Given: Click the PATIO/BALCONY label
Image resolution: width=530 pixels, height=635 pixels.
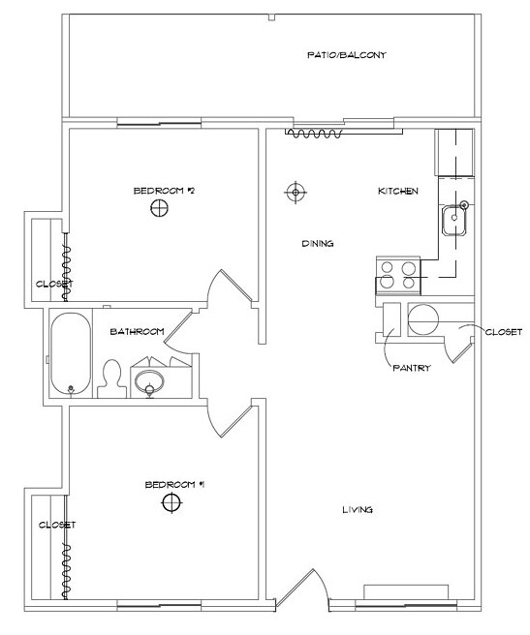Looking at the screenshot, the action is (347, 55).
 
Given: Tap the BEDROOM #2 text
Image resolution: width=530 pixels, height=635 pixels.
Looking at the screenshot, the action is (164, 191).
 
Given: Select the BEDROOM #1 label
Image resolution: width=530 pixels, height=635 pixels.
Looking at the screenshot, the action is (175, 484).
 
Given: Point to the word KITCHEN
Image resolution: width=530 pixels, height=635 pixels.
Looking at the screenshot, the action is (398, 191).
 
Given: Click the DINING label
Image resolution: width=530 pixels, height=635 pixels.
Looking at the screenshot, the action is (318, 243).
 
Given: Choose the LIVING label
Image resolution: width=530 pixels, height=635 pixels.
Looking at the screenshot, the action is (358, 509).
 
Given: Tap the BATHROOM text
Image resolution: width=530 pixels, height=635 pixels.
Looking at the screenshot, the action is (137, 332).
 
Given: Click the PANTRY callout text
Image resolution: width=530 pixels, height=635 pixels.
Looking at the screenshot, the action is (412, 368).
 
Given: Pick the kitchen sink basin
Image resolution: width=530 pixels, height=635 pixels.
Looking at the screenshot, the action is (454, 220).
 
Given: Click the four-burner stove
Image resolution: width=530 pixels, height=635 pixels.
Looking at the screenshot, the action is (398, 275).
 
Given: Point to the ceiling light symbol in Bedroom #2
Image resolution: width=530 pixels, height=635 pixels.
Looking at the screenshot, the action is (159, 208).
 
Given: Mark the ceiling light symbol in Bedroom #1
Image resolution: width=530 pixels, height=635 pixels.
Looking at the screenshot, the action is (171, 502).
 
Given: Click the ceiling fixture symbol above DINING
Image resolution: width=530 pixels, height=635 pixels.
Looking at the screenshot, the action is (296, 192).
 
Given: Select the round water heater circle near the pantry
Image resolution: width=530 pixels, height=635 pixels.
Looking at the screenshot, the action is (423, 319).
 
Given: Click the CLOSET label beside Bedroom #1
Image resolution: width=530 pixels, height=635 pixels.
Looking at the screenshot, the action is (57, 525).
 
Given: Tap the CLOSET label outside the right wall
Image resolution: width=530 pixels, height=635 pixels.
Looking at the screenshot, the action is (504, 332).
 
